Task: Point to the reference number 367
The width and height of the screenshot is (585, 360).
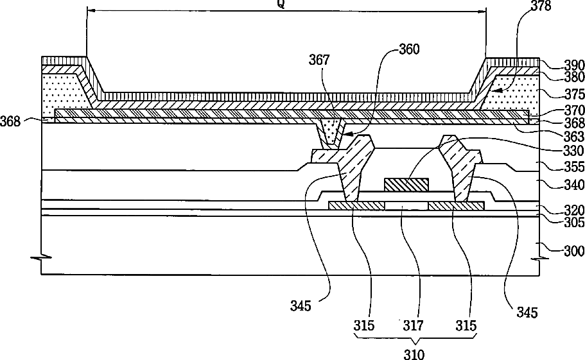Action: coord(319,60)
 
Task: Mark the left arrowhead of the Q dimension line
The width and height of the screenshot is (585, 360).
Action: coord(89,10)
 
